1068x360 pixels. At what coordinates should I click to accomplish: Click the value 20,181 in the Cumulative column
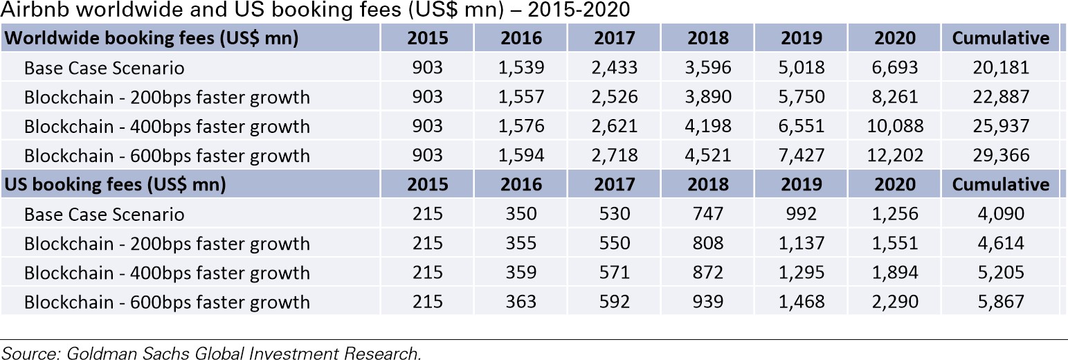click(x=1000, y=68)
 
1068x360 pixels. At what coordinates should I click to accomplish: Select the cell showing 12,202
click(x=895, y=156)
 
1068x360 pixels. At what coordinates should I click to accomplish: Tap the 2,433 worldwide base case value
click(x=614, y=68)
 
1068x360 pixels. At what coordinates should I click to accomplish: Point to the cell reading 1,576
click(x=521, y=127)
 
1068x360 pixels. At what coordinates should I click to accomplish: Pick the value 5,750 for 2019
click(x=802, y=97)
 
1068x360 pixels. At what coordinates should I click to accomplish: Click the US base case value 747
click(x=708, y=215)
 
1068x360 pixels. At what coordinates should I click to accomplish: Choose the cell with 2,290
click(x=895, y=303)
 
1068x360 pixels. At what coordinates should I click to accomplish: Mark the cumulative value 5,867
click(x=1000, y=303)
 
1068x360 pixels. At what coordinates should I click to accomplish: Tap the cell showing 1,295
click(x=802, y=273)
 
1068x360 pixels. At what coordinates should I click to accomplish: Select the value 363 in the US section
click(x=521, y=303)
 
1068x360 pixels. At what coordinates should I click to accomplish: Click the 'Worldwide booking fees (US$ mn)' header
click(x=152, y=38)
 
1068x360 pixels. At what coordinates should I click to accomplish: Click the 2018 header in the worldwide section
click(x=708, y=38)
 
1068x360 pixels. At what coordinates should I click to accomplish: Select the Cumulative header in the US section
click(x=1000, y=185)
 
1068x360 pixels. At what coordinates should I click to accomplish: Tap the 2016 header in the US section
click(x=521, y=185)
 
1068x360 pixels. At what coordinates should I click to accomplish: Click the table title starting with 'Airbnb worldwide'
click(x=315, y=12)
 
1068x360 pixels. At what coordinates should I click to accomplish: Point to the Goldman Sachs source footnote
click(x=210, y=353)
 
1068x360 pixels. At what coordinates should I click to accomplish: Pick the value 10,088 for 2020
click(x=895, y=127)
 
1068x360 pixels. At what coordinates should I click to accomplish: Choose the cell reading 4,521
click(x=708, y=156)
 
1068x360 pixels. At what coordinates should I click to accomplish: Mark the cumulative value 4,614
click(x=1000, y=244)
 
